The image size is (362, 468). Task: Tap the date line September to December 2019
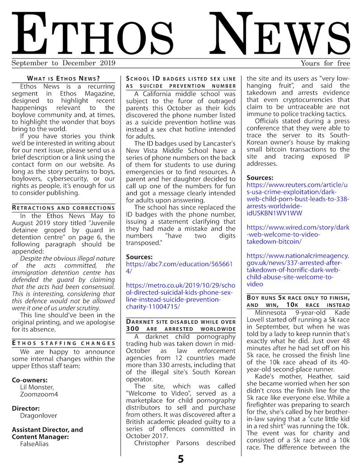coord(63,63)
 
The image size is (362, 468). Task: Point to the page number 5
coord(181,460)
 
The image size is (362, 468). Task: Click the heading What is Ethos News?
coord(63,78)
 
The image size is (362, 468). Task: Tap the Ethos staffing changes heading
coord(63,343)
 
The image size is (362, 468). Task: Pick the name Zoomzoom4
coord(39,394)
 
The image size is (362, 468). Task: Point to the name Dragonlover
coord(38,415)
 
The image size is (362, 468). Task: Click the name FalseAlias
coord(34,444)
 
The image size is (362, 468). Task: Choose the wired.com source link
coord(298,234)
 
